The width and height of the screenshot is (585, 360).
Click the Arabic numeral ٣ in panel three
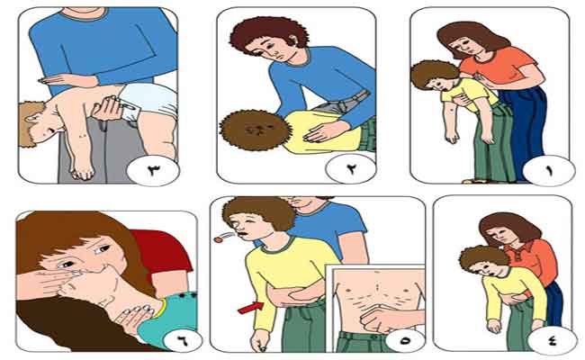tap(154, 170)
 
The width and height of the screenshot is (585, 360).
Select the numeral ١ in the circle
tap(549, 171)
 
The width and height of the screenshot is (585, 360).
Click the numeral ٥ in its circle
tap(405, 340)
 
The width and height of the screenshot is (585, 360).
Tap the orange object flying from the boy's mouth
tap(217, 239)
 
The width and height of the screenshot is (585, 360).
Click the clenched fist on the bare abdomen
tap(376, 319)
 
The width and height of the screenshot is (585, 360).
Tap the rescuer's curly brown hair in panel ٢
tap(269, 34)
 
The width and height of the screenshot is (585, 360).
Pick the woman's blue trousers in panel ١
tap(524, 127)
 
